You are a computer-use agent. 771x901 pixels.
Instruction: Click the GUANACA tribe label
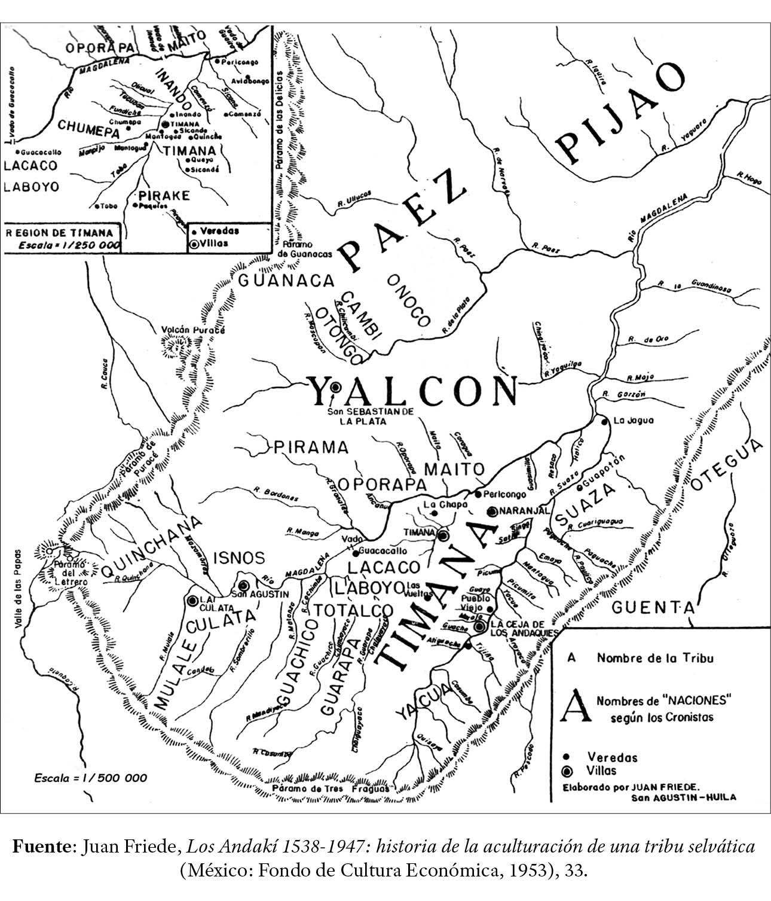tap(286, 280)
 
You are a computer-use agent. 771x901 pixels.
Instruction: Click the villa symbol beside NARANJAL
tap(491, 512)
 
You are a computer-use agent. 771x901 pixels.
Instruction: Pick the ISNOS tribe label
tap(239, 558)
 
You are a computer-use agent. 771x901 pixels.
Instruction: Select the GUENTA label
tap(653, 608)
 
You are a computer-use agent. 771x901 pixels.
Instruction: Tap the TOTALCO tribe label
tap(354, 611)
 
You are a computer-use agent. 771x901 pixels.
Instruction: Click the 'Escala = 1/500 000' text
tap(90, 778)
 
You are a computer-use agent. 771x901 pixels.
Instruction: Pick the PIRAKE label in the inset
tap(163, 196)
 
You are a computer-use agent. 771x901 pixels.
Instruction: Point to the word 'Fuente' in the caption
tap(41, 847)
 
